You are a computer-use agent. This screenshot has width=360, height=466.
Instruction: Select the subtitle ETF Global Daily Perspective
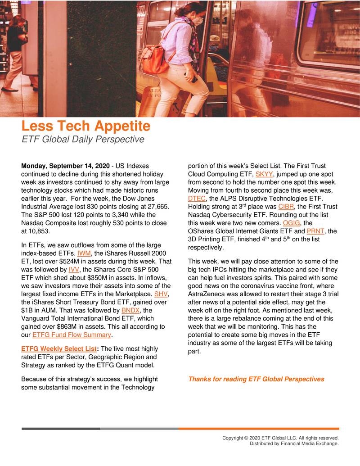coord(83,140)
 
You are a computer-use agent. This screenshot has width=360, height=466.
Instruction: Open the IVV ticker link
coord(74,269)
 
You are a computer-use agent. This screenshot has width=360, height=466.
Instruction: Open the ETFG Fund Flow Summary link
coord(72,335)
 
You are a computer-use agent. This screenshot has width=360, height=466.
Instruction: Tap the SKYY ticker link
coord(264,174)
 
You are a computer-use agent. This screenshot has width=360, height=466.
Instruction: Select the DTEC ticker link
coord(196,199)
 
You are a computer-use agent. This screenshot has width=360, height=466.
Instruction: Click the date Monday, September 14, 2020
coord(66,166)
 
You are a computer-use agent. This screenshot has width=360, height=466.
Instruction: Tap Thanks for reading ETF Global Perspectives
coord(256,379)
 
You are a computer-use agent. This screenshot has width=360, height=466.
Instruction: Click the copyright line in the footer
coord(280,438)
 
